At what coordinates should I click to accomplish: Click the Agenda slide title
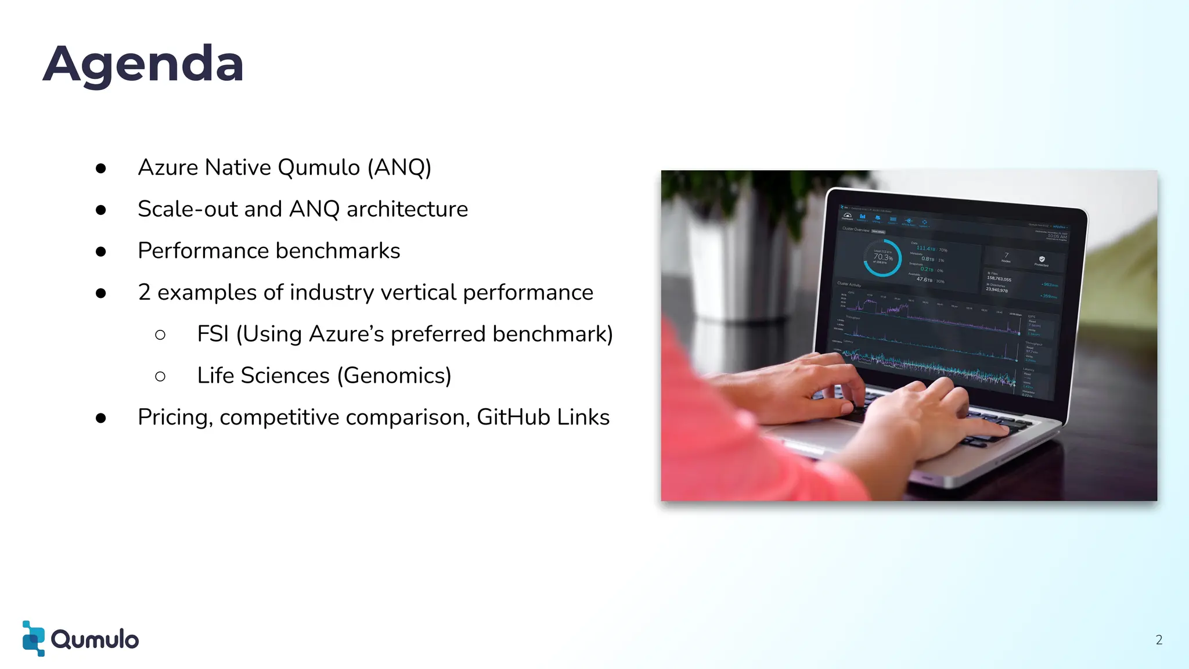143,64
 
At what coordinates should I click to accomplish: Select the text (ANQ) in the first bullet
399,168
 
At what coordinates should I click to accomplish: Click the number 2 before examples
144,293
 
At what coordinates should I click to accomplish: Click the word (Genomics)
394,376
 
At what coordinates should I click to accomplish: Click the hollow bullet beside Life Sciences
160,377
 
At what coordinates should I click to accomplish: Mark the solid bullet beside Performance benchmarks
101,251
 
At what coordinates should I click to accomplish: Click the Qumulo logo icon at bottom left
33,638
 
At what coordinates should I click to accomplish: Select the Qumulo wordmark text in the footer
95,639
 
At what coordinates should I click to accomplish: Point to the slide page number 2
1159,640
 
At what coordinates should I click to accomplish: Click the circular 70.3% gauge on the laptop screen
882,258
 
